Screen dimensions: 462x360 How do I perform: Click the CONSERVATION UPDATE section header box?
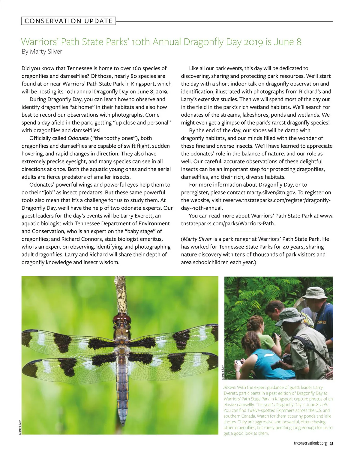(x=68, y=21)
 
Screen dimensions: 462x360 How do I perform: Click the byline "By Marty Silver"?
(x=42, y=52)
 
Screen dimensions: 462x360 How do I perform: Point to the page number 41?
(x=331, y=443)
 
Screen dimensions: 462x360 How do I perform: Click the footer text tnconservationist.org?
(x=310, y=443)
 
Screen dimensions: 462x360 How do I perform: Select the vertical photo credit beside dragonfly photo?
(x=20, y=427)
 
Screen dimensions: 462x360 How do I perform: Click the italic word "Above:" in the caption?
(x=229, y=388)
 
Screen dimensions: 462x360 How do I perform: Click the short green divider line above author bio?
(x=258, y=232)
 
